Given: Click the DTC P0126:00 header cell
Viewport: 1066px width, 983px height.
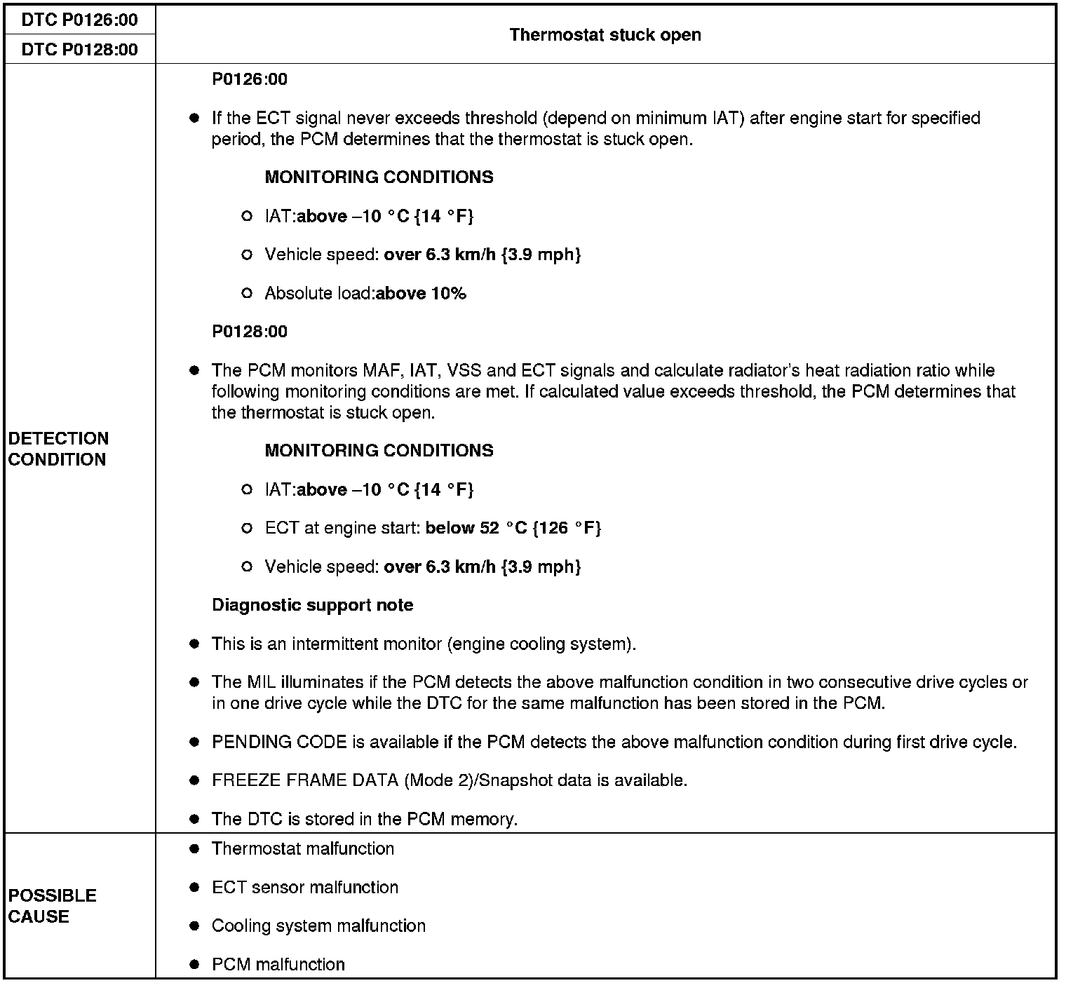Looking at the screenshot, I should [x=79, y=20].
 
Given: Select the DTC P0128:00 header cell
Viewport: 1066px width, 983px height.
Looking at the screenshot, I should [x=79, y=49].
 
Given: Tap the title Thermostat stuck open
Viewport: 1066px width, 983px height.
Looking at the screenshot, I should [x=605, y=34].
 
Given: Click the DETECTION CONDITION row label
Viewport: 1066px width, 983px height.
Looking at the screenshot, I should [x=58, y=449].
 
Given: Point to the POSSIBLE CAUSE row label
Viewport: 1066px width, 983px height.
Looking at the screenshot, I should [x=53, y=906].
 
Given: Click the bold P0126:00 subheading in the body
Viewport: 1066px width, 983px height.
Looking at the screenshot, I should [x=250, y=79].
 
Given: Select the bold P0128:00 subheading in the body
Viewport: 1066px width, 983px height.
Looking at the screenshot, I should [x=250, y=332].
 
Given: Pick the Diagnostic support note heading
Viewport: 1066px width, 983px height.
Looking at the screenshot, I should [x=313, y=605].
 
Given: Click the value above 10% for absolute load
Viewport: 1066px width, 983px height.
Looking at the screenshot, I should [x=421, y=293].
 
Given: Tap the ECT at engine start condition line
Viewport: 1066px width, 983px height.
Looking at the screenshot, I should [x=433, y=528].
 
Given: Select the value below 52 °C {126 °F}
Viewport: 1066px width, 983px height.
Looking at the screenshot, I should [x=513, y=528].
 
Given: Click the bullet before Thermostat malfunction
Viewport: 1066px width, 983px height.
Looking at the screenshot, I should [x=194, y=849].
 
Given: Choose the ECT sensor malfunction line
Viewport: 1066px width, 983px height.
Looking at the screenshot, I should [x=305, y=887].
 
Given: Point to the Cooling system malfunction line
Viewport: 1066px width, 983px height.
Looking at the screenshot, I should [x=318, y=926].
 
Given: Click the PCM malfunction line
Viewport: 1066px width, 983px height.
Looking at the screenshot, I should [x=278, y=964].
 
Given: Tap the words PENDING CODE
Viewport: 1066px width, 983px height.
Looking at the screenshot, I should [x=279, y=742].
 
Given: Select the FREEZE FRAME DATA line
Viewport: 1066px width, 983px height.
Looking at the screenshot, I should [x=449, y=780].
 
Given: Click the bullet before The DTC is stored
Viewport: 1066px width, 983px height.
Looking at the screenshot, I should [x=194, y=819].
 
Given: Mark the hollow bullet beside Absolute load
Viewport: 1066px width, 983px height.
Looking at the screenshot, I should [x=246, y=293].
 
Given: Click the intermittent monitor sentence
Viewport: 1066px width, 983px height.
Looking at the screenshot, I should [x=424, y=644].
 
